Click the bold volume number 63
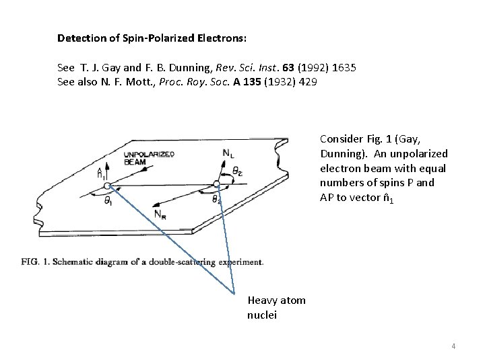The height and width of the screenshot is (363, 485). [287, 69]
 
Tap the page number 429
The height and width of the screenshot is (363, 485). [308, 82]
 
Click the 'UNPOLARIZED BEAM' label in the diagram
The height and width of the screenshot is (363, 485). [149, 157]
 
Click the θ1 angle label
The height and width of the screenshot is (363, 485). [108, 201]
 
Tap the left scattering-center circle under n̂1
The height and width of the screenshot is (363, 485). [106, 186]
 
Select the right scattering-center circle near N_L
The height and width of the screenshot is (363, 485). [216, 184]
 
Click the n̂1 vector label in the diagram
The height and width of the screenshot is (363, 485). [101, 172]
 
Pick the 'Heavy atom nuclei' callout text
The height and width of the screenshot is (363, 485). [276, 308]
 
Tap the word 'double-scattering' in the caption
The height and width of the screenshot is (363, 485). [195, 261]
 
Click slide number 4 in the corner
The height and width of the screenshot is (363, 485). [453, 347]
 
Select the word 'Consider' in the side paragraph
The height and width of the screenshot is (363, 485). [342, 140]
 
